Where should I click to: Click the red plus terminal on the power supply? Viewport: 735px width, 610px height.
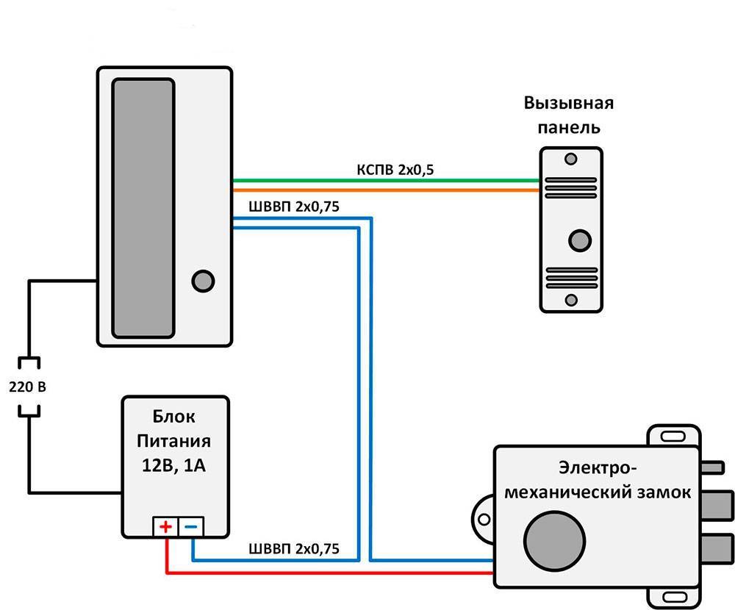tap(165, 526)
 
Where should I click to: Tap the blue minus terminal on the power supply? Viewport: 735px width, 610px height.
tap(191, 526)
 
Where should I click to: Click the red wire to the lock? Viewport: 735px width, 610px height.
tap(331, 571)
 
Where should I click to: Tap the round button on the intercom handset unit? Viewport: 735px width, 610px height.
tap(202, 281)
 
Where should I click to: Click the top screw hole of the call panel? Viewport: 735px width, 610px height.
tap(570, 158)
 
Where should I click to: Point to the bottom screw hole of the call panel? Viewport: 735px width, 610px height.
tap(570, 299)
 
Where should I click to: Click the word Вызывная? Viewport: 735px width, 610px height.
tap(568, 103)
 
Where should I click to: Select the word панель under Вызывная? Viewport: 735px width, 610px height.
tap(568, 127)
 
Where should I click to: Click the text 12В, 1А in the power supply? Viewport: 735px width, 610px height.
tap(175, 465)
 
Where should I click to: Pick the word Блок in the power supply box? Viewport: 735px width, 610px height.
tap(175, 417)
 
